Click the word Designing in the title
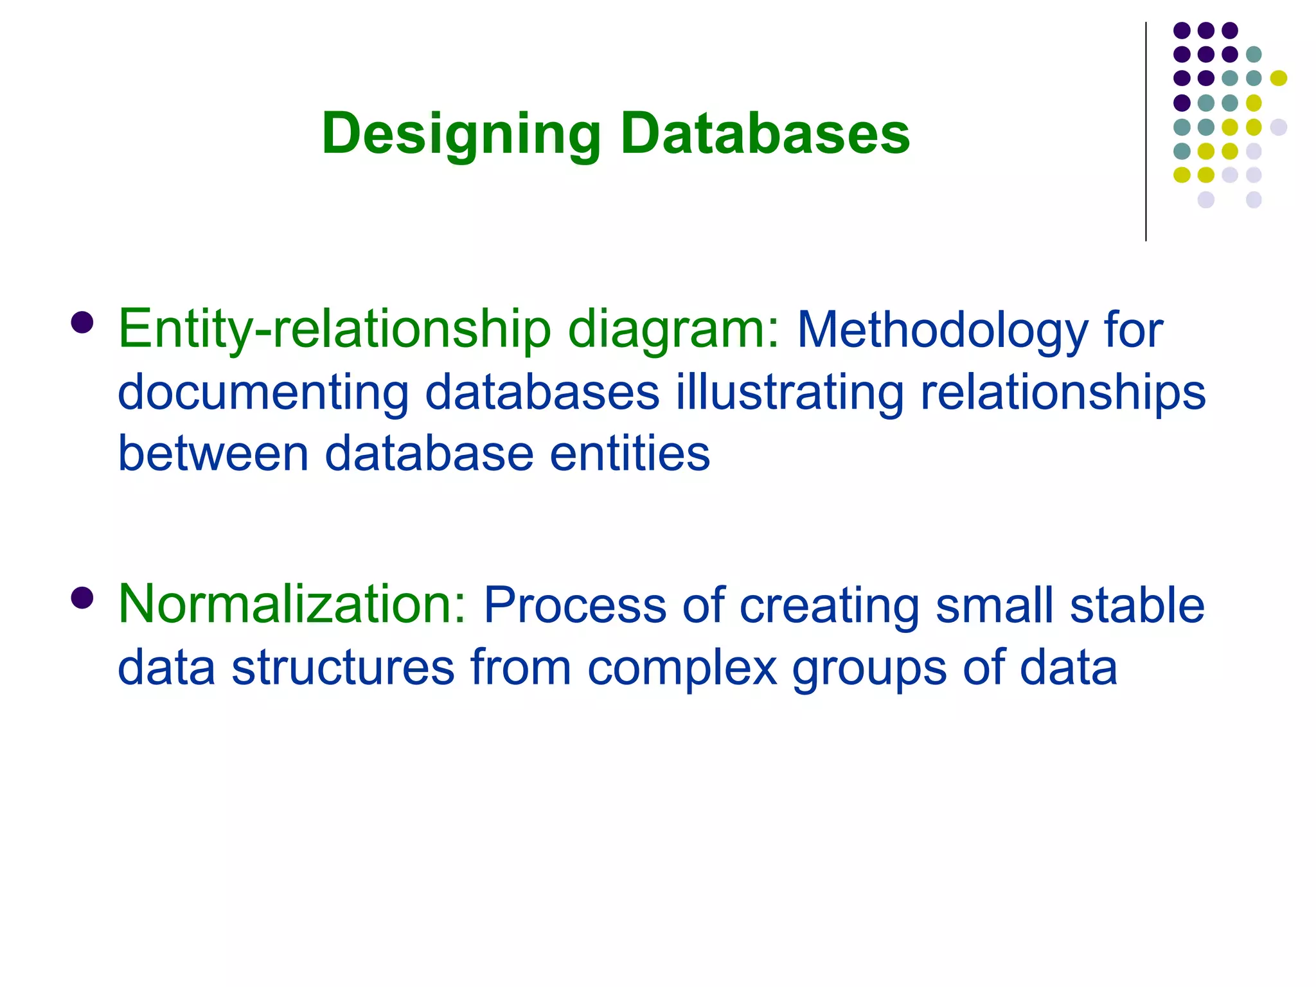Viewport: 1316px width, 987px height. [461, 134]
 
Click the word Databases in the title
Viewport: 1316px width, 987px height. [765, 134]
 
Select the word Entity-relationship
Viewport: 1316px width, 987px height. [334, 329]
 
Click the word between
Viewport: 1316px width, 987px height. [213, 454]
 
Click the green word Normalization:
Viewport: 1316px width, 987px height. [292, 604]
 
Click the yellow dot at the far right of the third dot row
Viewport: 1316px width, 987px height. [1278, 78]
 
